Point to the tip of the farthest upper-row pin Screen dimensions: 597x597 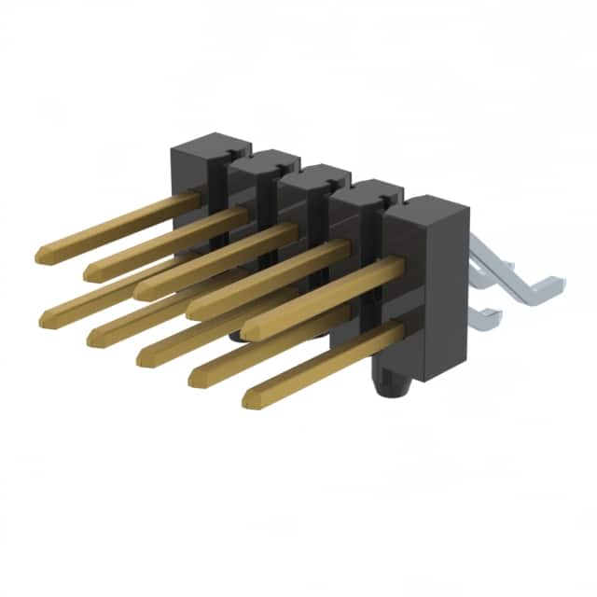tap(42, 254)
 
